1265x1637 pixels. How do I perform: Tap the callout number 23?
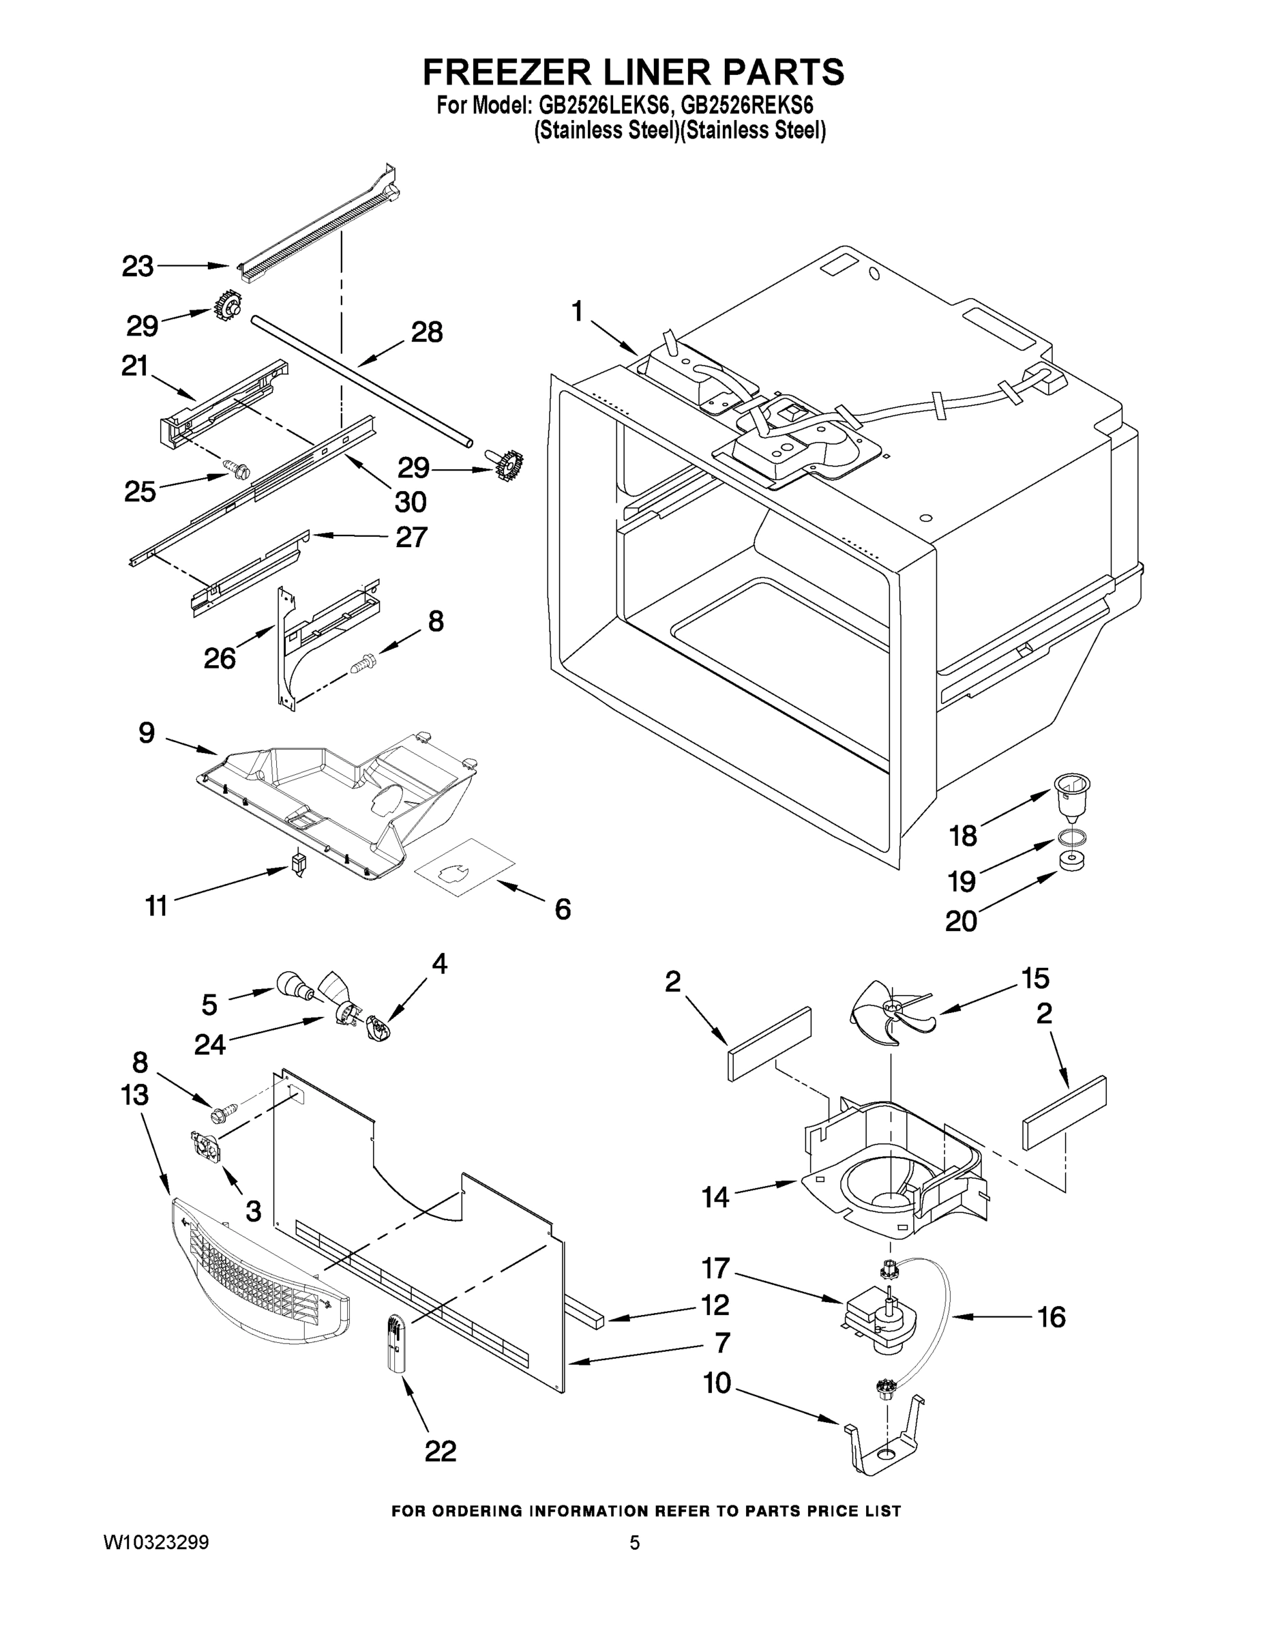coord(138,266)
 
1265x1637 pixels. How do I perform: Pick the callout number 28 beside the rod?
coord(426,332)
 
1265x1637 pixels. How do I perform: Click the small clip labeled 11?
coord(298,864)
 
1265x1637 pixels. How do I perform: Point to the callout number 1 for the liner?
coord(576,310)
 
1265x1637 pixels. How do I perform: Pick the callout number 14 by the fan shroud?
coord(715,1197)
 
